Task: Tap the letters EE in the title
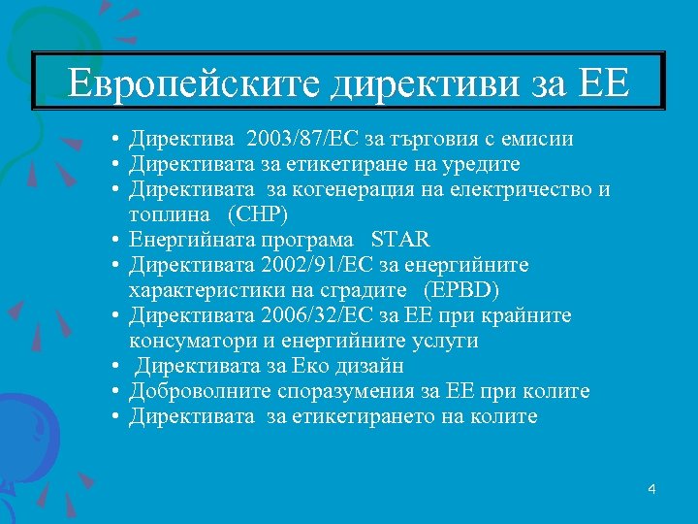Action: pyautogui.click(x=602, y=83)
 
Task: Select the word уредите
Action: pyautogui.click(x=479, y=164)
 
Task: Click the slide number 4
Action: pyautogui.click(x=651, y=489)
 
